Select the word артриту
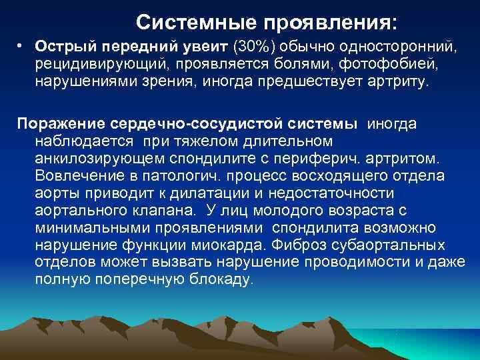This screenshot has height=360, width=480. (x=401, y=83)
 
